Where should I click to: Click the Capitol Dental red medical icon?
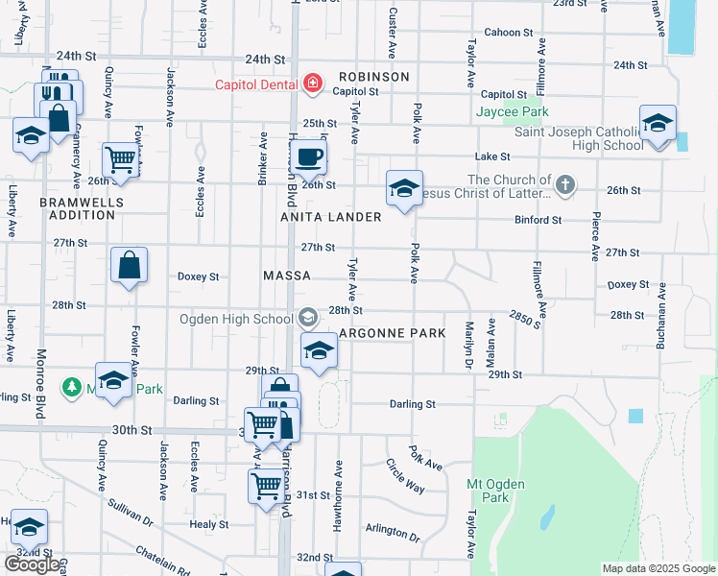311,84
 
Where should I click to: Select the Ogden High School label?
235,319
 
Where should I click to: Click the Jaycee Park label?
513,111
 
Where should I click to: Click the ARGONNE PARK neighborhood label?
392,333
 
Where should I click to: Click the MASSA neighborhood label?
287,276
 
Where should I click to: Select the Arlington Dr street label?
394,534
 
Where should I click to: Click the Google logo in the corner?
32,564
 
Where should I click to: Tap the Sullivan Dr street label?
131,513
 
